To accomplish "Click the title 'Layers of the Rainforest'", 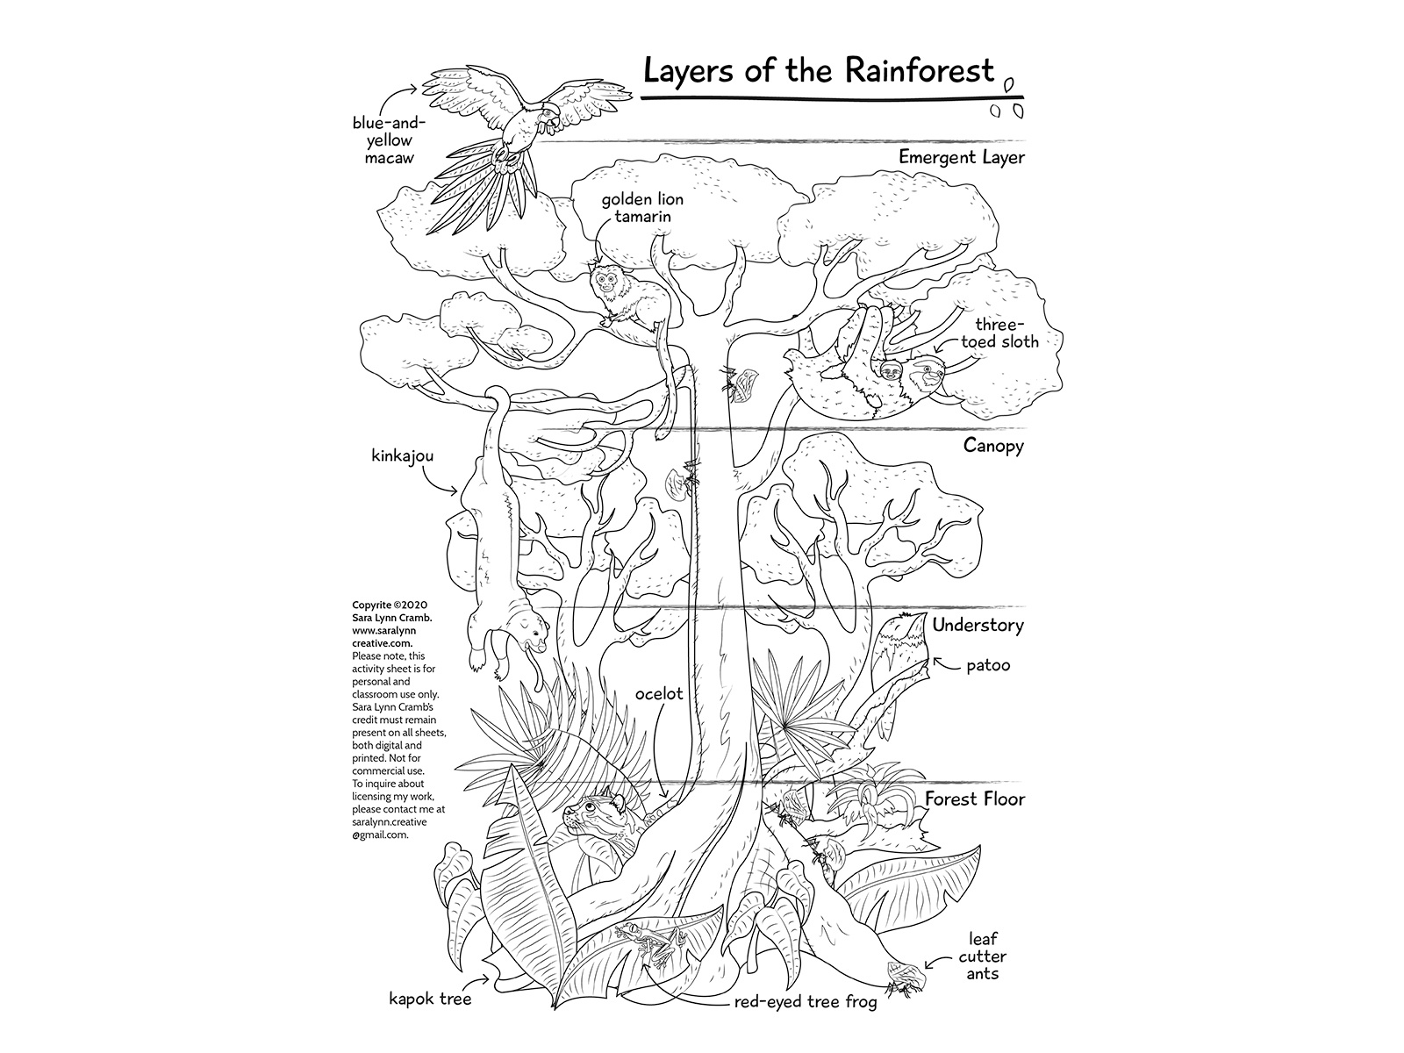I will pyautogui.click(x=819, y=70).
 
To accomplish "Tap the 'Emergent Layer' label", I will pyautogui.click(x=961, y=158).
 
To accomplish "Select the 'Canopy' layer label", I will pyautogui.click(x=993, y=446).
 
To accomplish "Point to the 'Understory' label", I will pyautogui.click(x=978, y=626).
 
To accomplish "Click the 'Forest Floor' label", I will pyautogui.click(x=973, y=799).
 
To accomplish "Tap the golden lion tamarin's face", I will pyautogui.click(x=605, y=281).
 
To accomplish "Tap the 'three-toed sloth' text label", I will pyautogui.click(x=1000, y=333).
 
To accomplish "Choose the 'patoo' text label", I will pyautogui.click(x=988, y=665).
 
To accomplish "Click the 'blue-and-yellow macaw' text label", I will pyautogui.click(x=383, y=141).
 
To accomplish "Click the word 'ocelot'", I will pyautogui.click(x=659, y=693).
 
